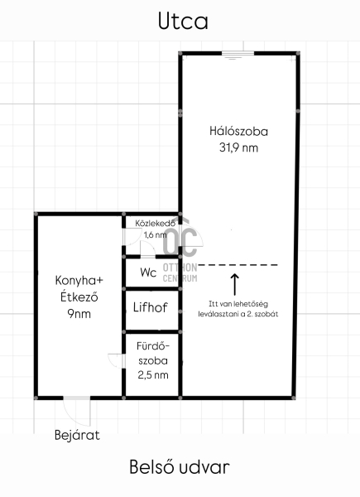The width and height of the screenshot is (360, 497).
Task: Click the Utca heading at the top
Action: pos(183,22)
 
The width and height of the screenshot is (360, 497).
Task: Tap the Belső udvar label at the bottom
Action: pos(180,467)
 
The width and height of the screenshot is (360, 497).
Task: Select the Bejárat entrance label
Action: pos(77,435)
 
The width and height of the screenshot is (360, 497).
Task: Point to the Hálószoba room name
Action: pos(238,131)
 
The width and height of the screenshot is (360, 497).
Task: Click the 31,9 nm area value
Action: pos(238,147)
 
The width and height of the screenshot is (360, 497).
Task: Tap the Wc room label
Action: pos(148,273)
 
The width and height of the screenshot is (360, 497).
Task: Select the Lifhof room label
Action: pos(150,307)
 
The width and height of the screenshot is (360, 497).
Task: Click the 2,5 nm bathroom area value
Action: pos(153,375)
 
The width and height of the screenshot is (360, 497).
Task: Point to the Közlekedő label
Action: pos(155,223)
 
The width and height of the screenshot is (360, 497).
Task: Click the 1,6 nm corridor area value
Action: pos(155,235)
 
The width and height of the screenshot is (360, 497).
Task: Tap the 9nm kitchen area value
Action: pos(79,314)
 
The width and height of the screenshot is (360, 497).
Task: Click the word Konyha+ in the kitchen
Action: pos(79,280)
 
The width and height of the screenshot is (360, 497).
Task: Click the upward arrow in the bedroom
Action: pos(234,284)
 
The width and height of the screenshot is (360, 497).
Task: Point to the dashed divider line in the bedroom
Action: pos(238,265)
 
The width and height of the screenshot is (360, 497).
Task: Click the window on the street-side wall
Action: pos(238,54)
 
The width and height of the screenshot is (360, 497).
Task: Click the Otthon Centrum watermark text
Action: pos(180,273)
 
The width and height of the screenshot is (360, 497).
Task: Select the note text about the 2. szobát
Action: pos(238,309)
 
